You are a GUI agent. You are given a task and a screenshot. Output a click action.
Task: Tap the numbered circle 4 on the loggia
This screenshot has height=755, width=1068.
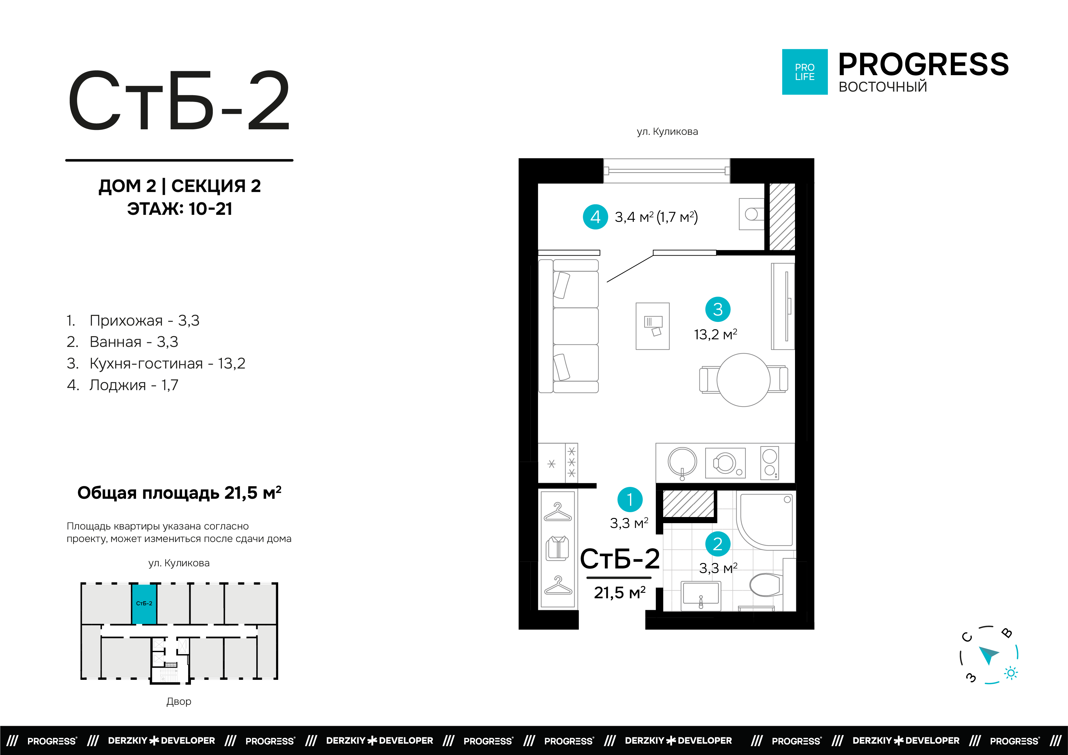pyautogui.click(x=595, y=217)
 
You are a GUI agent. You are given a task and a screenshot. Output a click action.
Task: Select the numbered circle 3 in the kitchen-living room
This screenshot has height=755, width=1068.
pyautogui.click(x=717, y=309)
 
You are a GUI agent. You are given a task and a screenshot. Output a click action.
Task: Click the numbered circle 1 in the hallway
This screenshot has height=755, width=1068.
pyautogui.click(x=629, y=500)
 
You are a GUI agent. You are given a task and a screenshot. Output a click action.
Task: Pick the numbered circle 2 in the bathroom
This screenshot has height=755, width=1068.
pyautogui.click(x=717, y=544)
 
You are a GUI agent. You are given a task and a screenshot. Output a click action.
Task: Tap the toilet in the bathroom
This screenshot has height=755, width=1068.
pyautogui.click(x=765, y=585)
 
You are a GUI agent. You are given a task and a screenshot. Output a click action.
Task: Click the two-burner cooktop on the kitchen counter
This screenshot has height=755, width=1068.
pyautogui.click(x=769, y=463)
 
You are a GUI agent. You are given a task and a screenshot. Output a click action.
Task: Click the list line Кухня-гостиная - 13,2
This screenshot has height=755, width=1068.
pyautogui.click(x=167, y=363)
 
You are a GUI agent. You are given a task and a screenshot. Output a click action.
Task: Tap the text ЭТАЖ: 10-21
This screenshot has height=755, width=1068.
pyautogui.click(x=180, y=209)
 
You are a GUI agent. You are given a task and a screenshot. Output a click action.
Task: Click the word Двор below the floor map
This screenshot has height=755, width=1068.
pyautogui.click(x=179, y=701)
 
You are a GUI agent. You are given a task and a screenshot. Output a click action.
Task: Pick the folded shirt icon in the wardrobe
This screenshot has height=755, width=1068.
pyautogui.click(x=557, y=548)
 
